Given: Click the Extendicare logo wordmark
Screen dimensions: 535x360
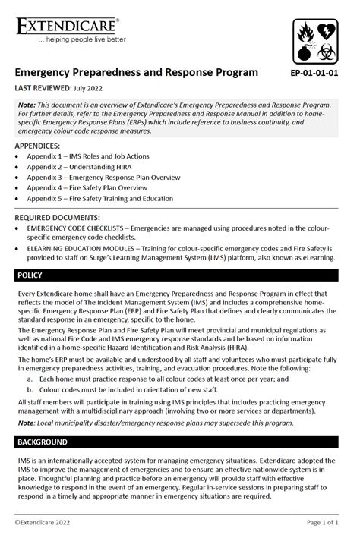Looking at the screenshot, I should [67, 25].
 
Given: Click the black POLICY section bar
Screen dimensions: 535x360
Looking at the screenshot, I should [180, 275].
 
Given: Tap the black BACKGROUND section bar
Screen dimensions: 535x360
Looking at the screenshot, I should [180, 442].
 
